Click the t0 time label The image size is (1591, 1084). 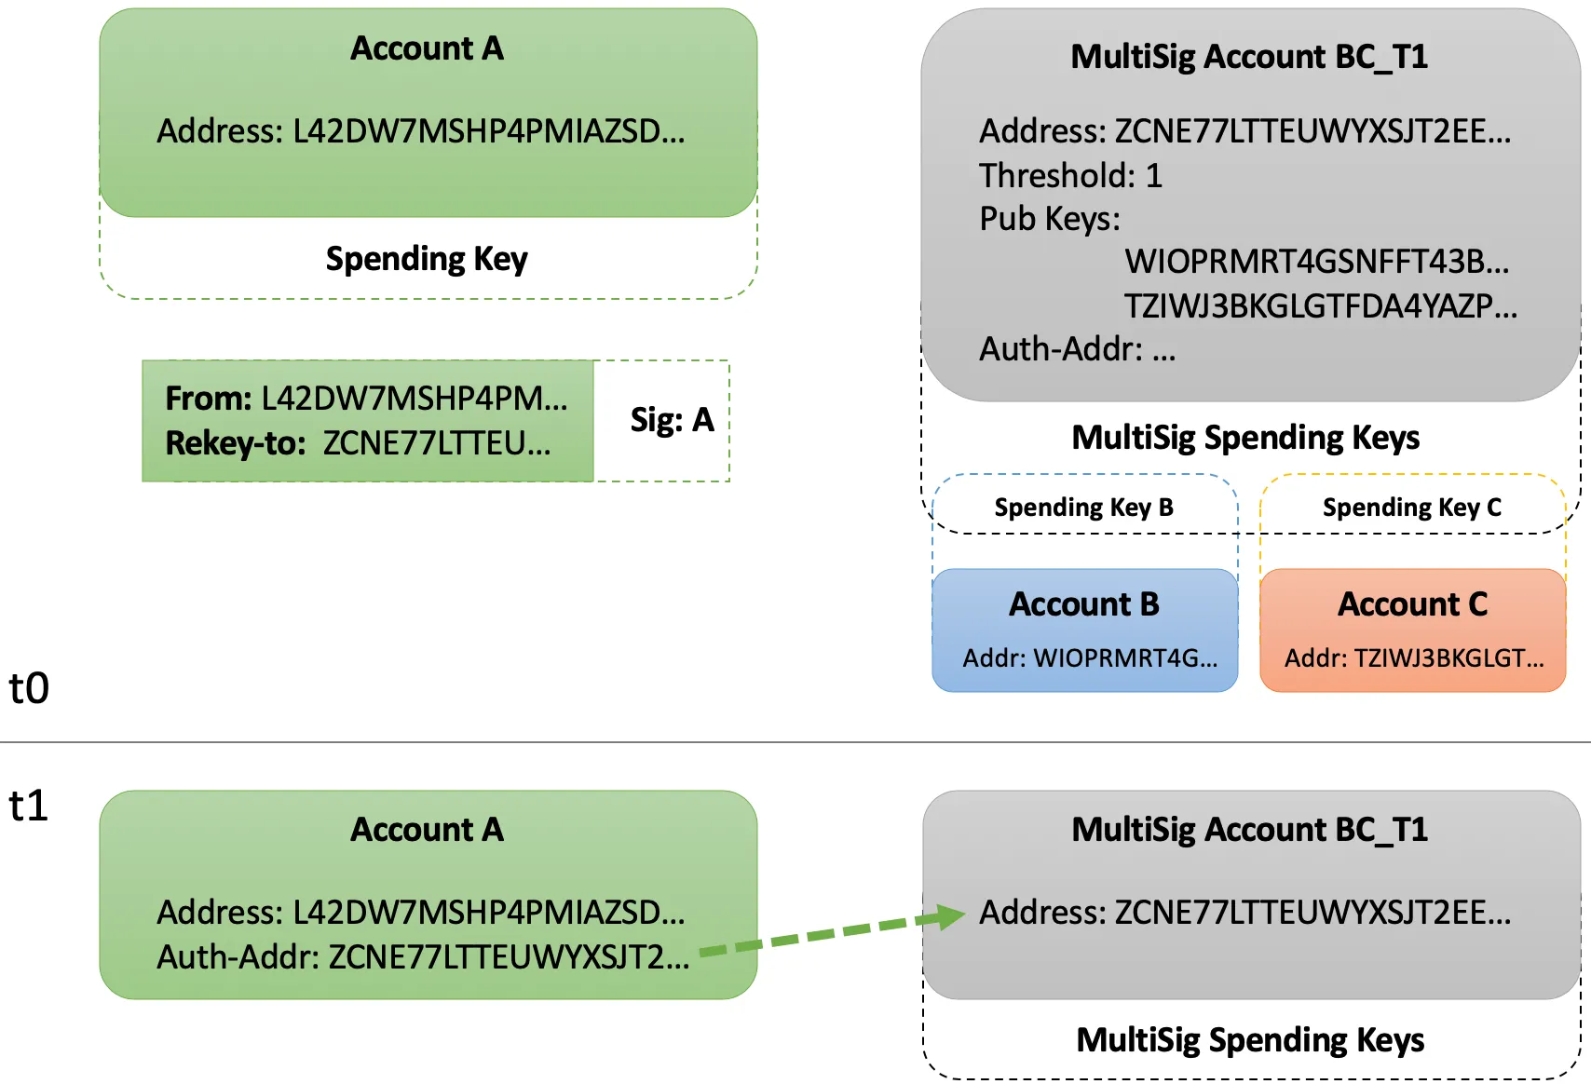(29, 688)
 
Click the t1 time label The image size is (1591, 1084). (29, 806)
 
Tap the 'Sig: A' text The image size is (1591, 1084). (672, 420)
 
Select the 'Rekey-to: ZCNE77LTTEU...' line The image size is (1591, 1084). (358, 443)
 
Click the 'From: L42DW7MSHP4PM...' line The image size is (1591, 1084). (366, 399)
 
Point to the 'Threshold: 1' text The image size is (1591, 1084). (1070, 175)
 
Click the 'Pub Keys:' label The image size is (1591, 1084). (1049, 219)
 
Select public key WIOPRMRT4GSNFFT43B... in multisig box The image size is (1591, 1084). (1316, 262)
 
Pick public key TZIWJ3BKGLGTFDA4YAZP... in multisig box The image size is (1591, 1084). (1320, 305)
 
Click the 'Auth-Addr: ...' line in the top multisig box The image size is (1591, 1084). (1077, 349)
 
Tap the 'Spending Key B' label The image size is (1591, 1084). (1083, 508)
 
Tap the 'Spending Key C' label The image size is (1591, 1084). (1411, 508)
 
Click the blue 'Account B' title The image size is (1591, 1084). (1084, 604)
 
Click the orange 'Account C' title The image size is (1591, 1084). (1412, 604)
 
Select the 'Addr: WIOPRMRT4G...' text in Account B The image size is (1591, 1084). (1090, 658)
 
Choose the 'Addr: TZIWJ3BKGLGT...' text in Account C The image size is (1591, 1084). (1414, 658)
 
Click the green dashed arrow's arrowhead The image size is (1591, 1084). (951, 916)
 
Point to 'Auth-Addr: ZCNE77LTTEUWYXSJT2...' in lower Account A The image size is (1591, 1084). (423, 956)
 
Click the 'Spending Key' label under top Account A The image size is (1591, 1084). (427, 258)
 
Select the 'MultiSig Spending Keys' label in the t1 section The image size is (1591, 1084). (1250, 1039)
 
